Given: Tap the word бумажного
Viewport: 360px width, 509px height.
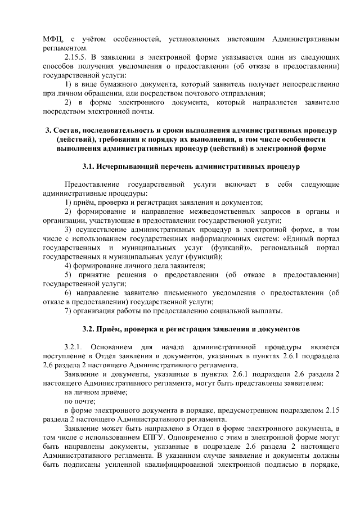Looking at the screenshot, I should (113, 84).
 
